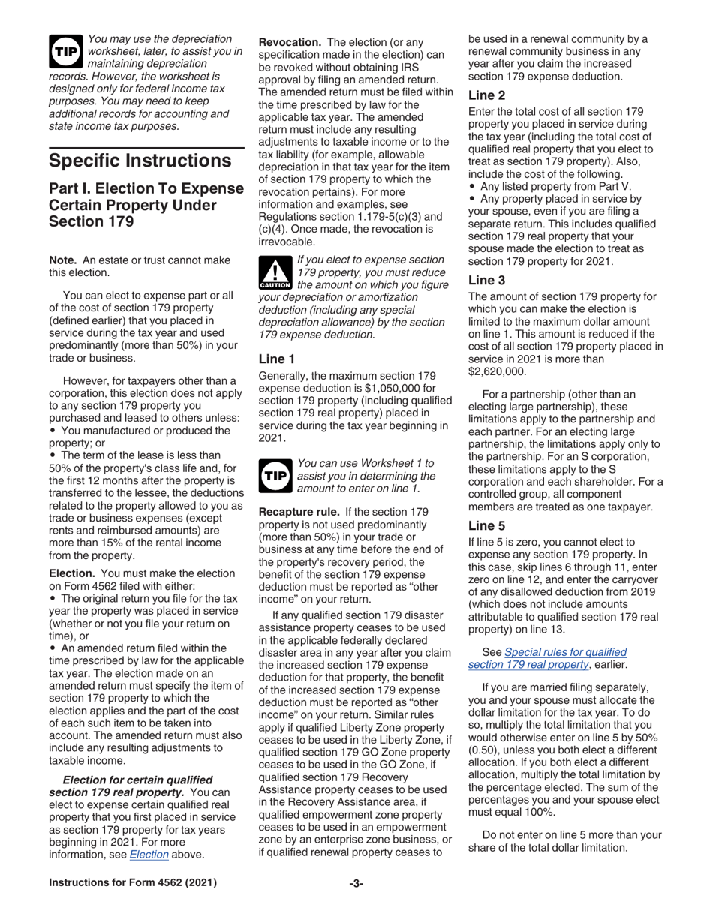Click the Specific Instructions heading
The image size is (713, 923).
click(140, 161)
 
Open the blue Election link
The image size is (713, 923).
click(149, 854)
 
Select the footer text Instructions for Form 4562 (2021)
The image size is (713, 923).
click(133, 883)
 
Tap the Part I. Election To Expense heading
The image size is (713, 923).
click(146, 204)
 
